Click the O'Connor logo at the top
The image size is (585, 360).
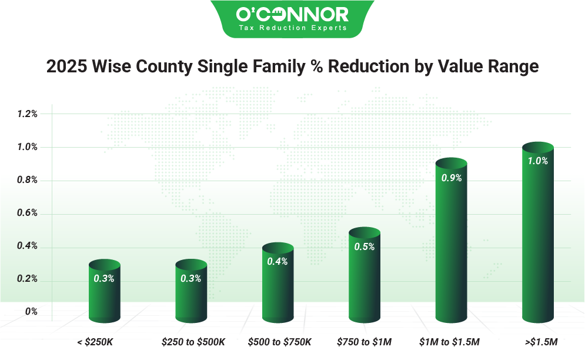[292, 14]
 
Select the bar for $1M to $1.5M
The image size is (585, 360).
[451, 247]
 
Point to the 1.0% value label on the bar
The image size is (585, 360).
[538, 161]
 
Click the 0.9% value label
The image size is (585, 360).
[451, 178]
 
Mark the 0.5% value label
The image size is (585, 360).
[365, 247]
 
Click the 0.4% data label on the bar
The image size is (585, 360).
[278, 262]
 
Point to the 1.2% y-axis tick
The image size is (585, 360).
[27, 114]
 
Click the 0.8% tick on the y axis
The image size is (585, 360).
[27, 181]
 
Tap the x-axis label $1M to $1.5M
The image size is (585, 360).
[450, 341]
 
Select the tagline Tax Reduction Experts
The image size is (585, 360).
[292, 27]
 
